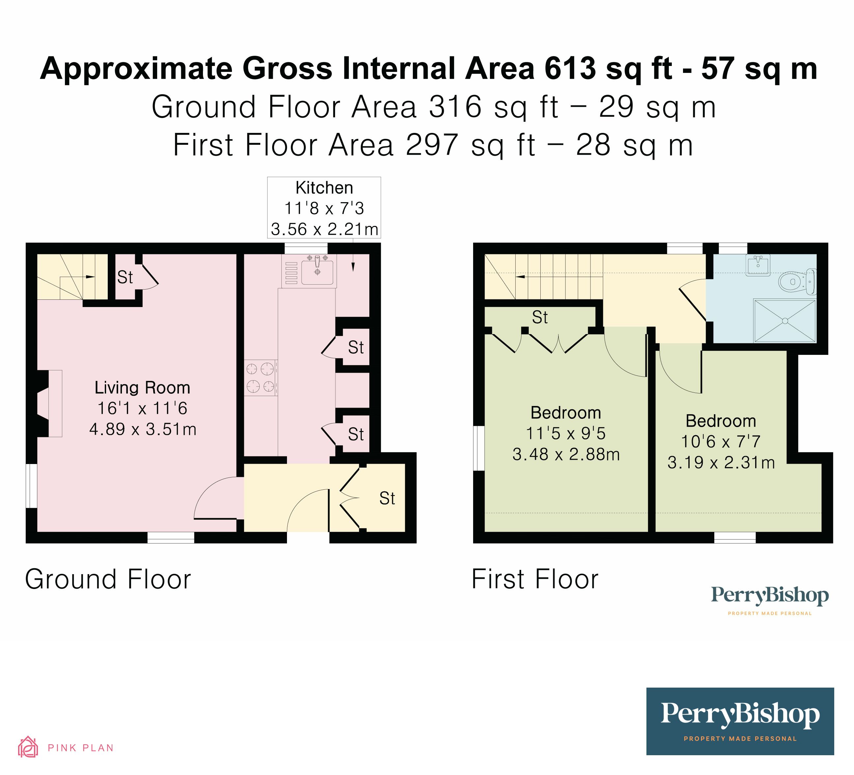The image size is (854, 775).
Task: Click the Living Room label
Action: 142,387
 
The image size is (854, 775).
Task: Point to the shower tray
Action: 785,321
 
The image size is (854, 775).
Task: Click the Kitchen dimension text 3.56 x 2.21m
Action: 324,229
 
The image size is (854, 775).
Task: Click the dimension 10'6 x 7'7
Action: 721,441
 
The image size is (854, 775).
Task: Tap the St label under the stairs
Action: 125,277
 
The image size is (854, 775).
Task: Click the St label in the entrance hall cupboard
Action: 387,498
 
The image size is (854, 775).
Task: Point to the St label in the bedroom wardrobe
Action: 540,317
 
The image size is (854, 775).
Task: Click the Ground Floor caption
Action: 108,579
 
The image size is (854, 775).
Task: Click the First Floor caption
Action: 535,579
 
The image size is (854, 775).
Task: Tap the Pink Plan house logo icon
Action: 28,747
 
